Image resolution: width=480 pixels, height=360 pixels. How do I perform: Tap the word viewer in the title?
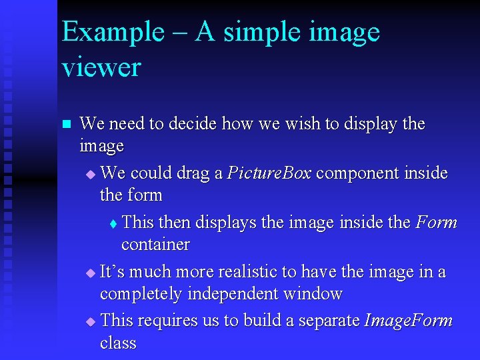coord(101,67)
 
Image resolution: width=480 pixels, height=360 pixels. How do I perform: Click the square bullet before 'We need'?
coord(65,125)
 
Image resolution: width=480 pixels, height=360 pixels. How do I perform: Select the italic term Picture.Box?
coord(270,173)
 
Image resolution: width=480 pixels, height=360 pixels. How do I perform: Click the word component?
coord(357,173)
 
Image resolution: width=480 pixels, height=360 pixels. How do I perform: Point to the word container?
coord(155,245)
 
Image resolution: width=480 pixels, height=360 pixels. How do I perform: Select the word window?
coord(312,294)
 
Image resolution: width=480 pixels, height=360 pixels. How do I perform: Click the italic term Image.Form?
coord(409,321)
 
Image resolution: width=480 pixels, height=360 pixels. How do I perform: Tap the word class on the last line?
coord(118,343)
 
